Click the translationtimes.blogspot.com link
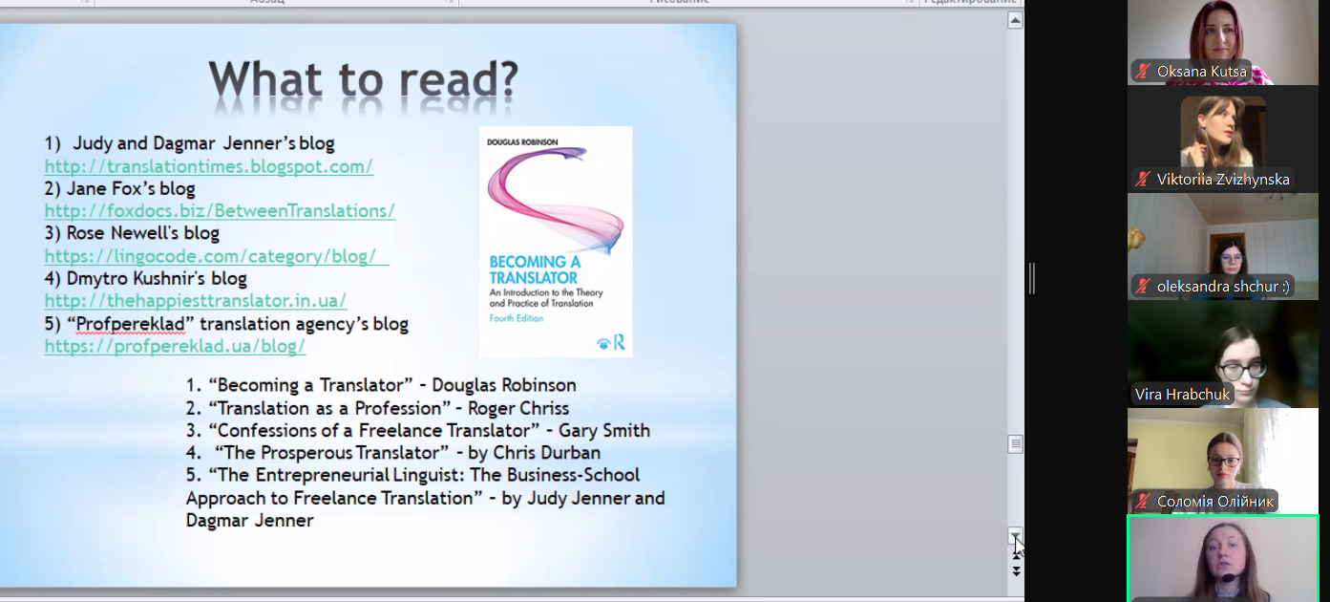[208, 166]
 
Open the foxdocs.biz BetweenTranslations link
[220, 211]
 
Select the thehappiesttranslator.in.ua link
[196, 301]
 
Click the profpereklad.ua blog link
[175, 346]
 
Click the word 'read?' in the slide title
[459, 79]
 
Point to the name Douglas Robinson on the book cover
[522, 142]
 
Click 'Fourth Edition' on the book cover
[516, 318]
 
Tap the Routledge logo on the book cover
[612, 342]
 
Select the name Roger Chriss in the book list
[518, 408]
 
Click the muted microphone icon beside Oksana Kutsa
[1143, 72]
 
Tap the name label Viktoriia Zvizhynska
[1223, 180]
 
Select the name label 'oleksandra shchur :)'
[1223, 287]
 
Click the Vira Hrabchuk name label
[1182, 395]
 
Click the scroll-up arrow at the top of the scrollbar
[1015, 21]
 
